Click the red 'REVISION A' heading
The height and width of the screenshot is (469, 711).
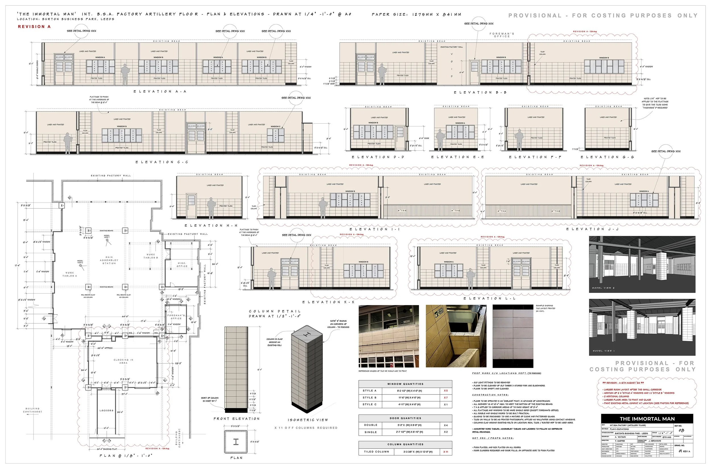[x=34, y=27]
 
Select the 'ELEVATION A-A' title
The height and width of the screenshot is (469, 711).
[x=160, y=92]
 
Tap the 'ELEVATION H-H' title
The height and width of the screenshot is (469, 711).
[x=211, y=226]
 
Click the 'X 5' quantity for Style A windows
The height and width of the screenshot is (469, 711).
[x=445, y=391]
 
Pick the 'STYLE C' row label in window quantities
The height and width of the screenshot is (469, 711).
[x=369, y=404]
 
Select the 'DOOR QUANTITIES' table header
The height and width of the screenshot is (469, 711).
[x=405, y=418]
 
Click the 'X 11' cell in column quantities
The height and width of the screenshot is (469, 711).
[x=445, y=452]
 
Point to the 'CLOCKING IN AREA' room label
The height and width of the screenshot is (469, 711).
[x=123, y=361]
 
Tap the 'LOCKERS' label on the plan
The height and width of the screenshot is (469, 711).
[x=106, y=410]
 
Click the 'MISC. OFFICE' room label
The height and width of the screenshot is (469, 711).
[x=182, y=265]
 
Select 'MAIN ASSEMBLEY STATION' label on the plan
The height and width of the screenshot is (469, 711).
[x=109, y=260]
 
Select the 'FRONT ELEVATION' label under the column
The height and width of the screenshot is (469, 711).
[x=236, y=419]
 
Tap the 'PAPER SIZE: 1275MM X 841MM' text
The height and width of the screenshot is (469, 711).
[x=416, y=14]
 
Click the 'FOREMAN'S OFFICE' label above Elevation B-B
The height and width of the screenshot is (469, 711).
[x=502, y=35]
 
